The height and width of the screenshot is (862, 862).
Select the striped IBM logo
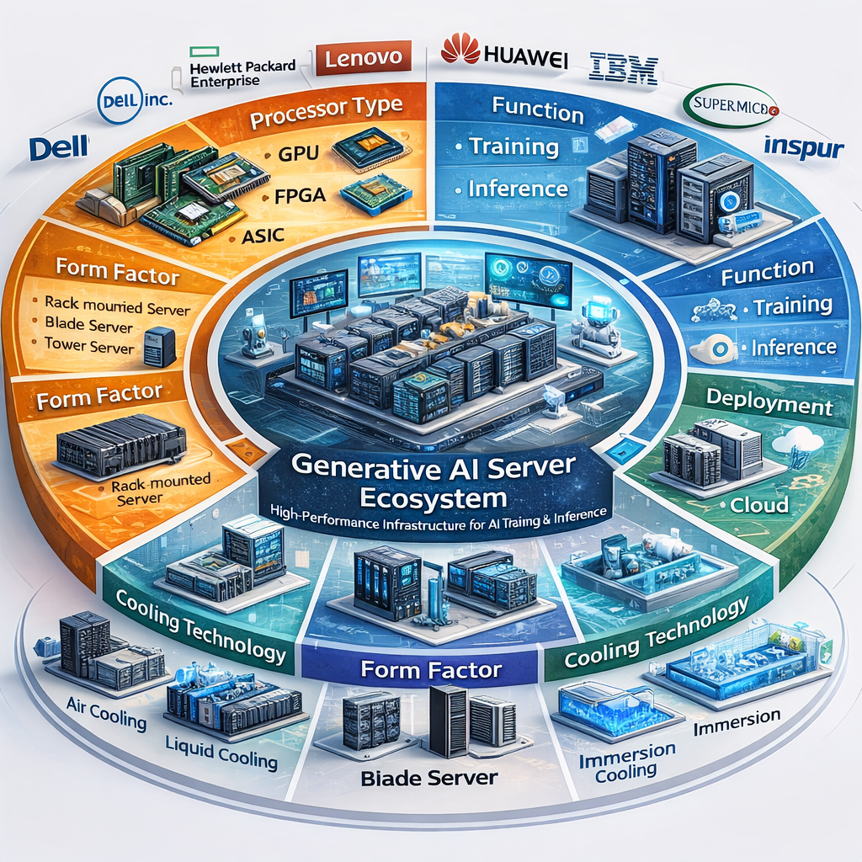click(x=623, y=68)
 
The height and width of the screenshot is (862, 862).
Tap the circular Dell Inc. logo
click(x=135, y=100)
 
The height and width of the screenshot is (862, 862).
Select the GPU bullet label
click(x=296, y=155)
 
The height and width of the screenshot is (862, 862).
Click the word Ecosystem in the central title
click(x=432, y=498)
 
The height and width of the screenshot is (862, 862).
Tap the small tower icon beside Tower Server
click(x=158, y=346)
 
